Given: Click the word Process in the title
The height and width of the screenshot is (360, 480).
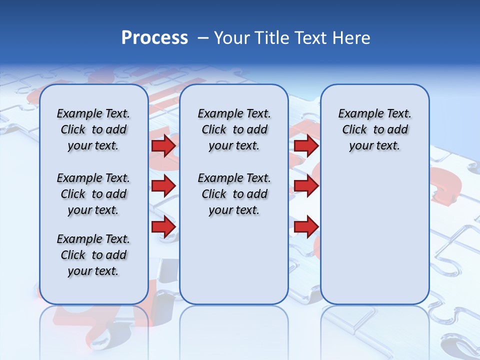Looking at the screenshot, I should (x=154, y=37).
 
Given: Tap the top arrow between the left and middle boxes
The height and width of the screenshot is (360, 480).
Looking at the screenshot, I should (x=163, y=146).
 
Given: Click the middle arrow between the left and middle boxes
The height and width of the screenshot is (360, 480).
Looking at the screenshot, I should (x=163, y=186).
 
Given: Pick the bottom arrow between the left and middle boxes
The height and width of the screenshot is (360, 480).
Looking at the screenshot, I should (x=163, y=226).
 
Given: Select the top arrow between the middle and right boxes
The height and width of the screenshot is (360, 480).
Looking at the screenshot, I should (x=306, y=146).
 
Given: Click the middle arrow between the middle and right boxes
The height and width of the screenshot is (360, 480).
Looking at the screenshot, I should (x=306, y=186).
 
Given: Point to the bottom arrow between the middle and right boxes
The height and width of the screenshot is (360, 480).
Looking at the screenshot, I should (x=306, y=226).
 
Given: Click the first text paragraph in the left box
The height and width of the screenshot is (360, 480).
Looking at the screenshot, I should (x=93, y=129).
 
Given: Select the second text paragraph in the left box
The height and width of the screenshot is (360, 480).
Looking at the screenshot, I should (x=93, y=194).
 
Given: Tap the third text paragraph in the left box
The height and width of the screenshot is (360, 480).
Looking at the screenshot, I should (x=93, y=255).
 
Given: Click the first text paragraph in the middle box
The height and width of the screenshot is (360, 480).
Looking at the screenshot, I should (x=234, y=129).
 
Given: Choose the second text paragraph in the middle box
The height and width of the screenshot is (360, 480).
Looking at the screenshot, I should (x=234, y=194).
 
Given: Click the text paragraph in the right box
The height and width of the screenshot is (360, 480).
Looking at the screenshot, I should (x=375, y=129).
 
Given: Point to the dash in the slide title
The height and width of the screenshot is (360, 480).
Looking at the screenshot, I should (x=203, y=37).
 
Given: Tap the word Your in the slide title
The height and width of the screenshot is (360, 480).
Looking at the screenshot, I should (x=232, y=37).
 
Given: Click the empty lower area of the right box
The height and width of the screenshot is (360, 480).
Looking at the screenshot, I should (x=375, y=240).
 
